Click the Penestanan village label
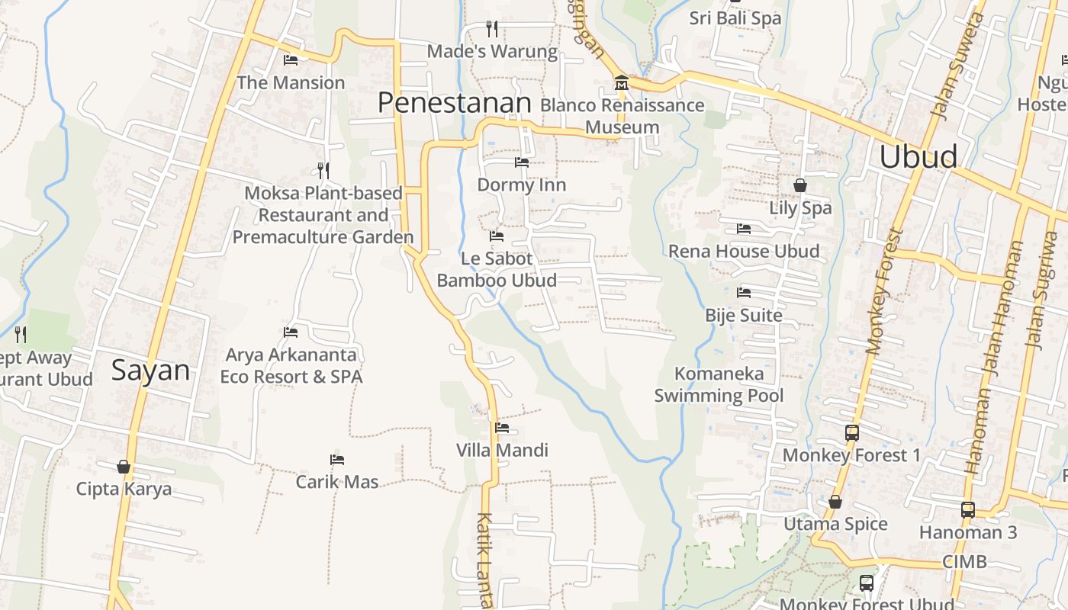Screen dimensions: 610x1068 (455, 102)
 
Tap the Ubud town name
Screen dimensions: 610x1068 (918, 156)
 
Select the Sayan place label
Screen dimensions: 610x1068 (150, 371)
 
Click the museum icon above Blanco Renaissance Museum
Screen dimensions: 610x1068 (621, 82)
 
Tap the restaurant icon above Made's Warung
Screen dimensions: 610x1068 (492, 29)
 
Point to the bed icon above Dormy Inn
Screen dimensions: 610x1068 (522, 162)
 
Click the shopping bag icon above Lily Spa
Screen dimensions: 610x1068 (800, 185)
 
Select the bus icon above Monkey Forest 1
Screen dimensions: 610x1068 (852, 433)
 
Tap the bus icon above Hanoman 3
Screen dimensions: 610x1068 (967, 510)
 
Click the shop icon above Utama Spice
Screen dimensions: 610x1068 (835, 502)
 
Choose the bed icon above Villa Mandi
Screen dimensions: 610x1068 (502, 428)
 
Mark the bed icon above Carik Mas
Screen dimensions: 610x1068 (337, 460)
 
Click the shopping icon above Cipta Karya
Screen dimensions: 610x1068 (124, 467)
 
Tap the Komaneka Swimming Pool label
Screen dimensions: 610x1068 (719, 385)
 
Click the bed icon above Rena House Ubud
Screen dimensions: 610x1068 (744, 229)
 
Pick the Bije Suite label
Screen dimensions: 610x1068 (744, 316)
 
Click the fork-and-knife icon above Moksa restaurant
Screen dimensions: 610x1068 (323, 170)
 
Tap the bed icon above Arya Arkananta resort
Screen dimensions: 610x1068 (291, 332)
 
